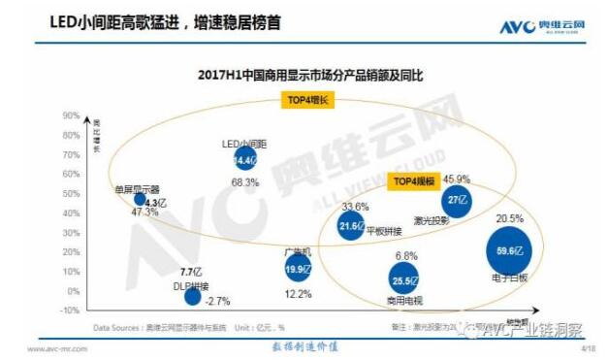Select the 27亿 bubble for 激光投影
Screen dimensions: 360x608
point(456,200)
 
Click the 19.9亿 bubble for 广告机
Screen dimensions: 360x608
point(299,267)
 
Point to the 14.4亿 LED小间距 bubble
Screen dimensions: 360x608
point(244,160)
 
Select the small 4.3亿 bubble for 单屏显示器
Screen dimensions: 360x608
point(142,200)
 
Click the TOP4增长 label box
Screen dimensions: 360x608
point(307,99)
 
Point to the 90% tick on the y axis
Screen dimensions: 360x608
point(70,115)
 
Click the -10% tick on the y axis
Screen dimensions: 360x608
point(69,310)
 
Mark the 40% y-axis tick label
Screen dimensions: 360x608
point(70,213)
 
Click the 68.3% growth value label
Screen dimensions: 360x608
point(244,182)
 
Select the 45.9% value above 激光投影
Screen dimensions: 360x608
point(456,179)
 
